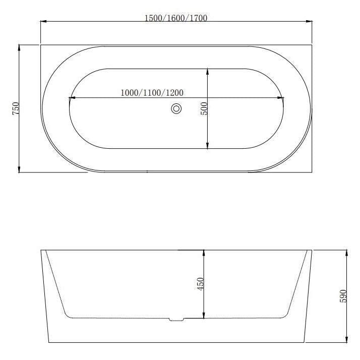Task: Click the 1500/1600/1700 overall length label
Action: (x=176, y=18)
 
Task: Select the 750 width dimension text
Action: (x=15, y=108)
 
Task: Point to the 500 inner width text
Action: (x=204, y=108)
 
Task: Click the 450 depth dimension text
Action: (x=200, y=284)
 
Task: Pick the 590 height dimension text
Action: (x=344, y=295)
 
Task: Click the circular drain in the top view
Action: (x=176, y=108)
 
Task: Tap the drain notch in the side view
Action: (x=176, y=319)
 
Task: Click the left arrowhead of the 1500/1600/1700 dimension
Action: (x=43, y=22)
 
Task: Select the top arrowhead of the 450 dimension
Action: (x=204, y=253)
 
